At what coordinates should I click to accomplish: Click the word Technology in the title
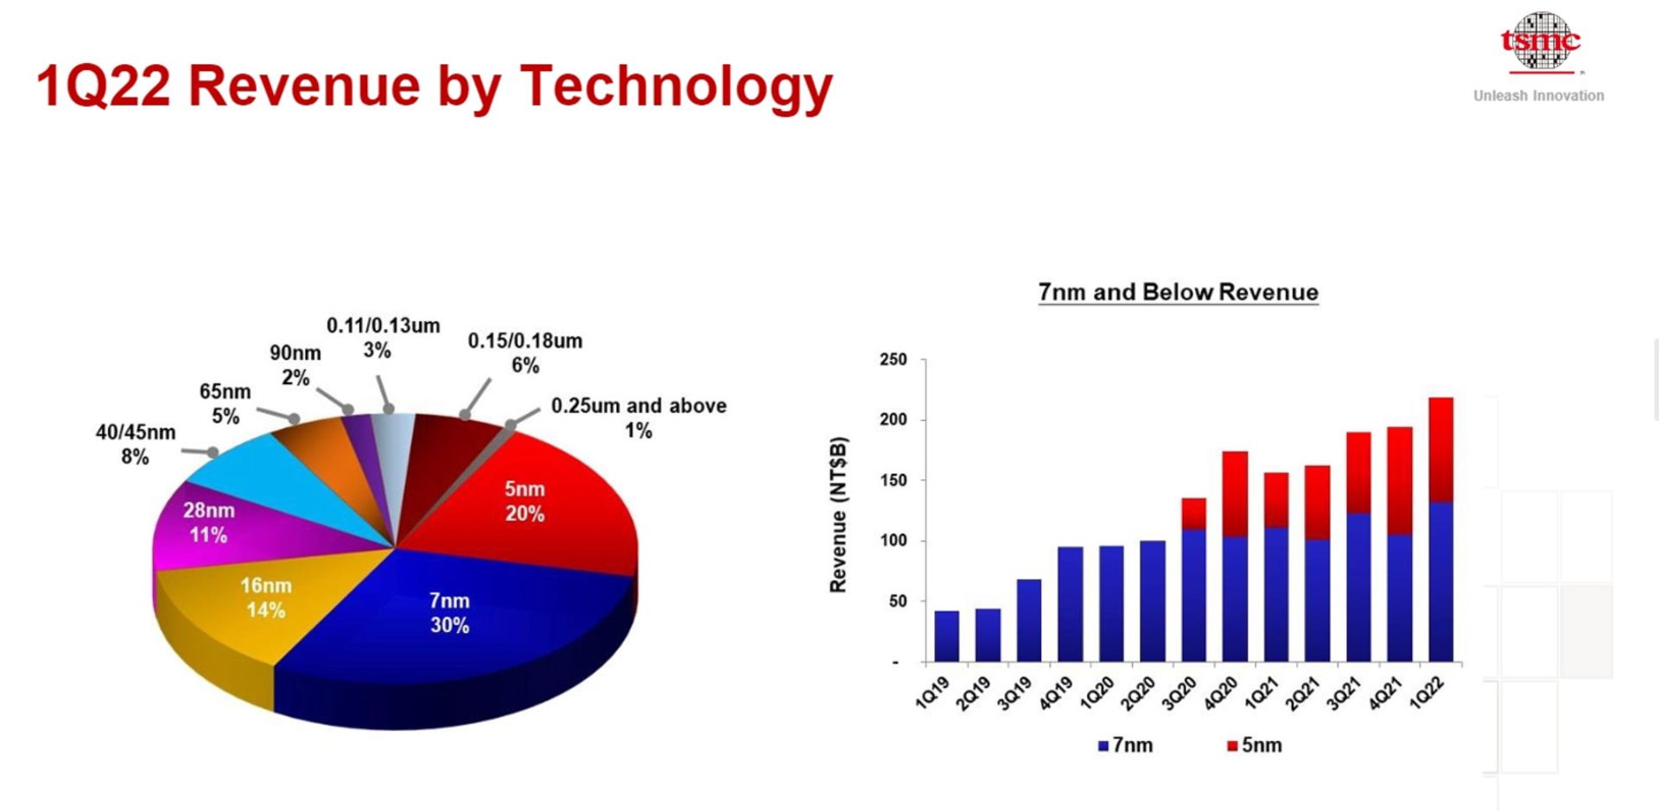pos(676,86)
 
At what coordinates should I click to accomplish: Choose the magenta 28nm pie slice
pos(208,523)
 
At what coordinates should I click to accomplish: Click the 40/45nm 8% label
pos(136,444)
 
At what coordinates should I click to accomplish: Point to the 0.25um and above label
pos(639,417)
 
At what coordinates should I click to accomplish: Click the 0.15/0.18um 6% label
pos(524,352)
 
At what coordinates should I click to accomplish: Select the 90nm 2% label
pos(295,364)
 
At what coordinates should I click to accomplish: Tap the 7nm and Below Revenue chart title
pos(1178,292)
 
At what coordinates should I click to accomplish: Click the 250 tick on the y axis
pos(893,359)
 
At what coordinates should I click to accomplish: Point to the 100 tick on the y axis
pos(893,541)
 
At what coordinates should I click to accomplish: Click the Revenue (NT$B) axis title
pos(837,515)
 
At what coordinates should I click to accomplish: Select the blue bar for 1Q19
pos(947,637)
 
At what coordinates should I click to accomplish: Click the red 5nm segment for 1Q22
pos(1440,449)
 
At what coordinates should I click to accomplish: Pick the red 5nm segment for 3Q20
pos(1193,513)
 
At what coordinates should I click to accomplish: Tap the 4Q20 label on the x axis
pos(1220,694)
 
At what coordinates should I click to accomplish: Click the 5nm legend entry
pos(1254,745)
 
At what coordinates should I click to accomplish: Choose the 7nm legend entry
pos(1125,745)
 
